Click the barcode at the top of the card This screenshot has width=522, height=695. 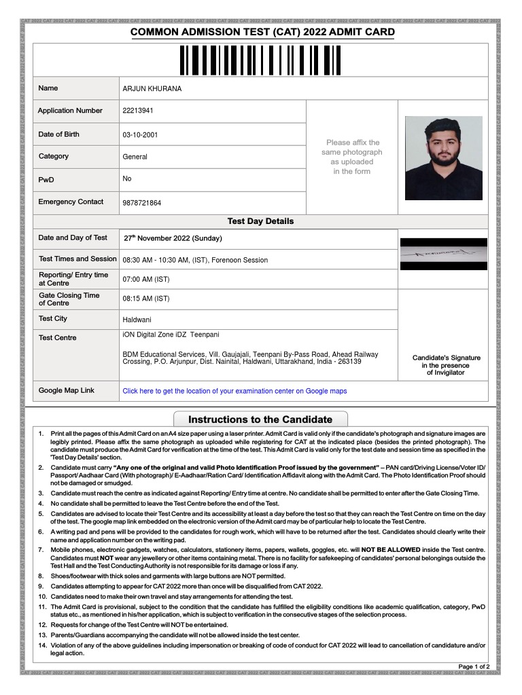click(x=260, y=60)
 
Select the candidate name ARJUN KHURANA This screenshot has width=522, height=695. click(x=152, y=89)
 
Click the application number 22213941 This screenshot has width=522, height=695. click(x=137, y=111)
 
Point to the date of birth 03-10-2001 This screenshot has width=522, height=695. click(x=139, y=135)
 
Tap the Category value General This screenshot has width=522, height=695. click(x=135, y=157)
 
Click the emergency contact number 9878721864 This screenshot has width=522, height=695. click(x=141, y=203)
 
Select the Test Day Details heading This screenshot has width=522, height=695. click(x=260, y=221)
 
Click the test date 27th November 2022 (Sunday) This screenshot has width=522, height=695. click(x=173, y=239)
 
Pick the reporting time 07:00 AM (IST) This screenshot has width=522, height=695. click(x=145, y=279)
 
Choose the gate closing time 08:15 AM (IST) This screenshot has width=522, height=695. click(x=145, y=299)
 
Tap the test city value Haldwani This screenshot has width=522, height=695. click(x=137, y=319)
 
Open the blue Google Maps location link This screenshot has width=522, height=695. click(x=234, y=391)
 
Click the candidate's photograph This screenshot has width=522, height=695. click(x=443, y=157)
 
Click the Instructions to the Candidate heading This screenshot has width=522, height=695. click(x=260, y=419)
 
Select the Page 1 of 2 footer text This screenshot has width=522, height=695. click(x=474, y=666)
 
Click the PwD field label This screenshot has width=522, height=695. click(x=46, y=180)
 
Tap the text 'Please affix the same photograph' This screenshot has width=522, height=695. click(x=352, y=147)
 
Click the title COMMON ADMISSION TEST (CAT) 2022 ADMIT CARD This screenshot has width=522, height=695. click(x=262, y=32)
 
